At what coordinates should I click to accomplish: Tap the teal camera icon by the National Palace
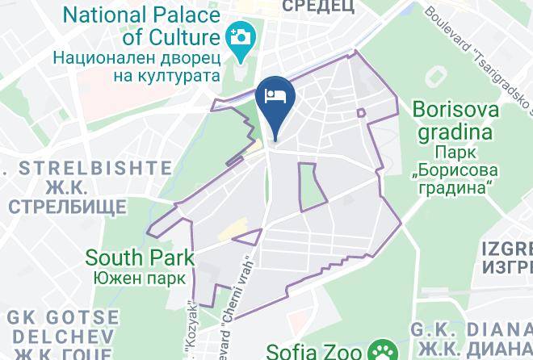[241, 37]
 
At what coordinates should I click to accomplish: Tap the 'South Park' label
[140, 258]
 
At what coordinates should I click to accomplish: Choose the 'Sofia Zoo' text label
[316, 351]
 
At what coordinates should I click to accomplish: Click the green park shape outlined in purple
[312, 186]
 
